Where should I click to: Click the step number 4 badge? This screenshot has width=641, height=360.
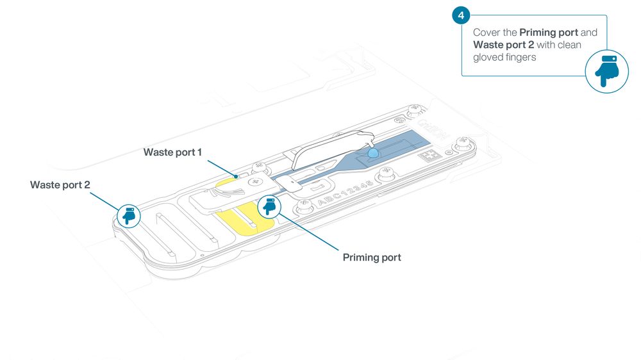tap(461, 15)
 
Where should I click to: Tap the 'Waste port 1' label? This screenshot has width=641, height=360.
tap(172, 152)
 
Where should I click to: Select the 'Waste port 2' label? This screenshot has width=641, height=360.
tap(60, 185)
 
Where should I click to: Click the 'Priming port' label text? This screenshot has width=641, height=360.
tap(372, 258)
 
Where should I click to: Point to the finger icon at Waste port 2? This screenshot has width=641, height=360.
tap(129, 216)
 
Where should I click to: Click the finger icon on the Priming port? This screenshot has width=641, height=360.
tap(269, 206)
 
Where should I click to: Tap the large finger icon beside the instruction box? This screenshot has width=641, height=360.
tap(606, 72)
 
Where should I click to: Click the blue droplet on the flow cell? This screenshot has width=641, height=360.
tap(373, 153)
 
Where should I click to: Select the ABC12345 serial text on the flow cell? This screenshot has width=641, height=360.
tap(345, 193)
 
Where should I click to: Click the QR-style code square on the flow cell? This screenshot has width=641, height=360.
tap(429, 156)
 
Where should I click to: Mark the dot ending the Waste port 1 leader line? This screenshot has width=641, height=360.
tap(236, 177)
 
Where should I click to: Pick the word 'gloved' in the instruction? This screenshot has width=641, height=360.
tap(487, 58)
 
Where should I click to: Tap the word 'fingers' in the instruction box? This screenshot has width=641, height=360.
tap(520, 58)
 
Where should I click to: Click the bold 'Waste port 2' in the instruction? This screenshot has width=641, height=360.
tap(504, 45)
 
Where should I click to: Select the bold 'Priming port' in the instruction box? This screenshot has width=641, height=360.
tap(549, 33)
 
